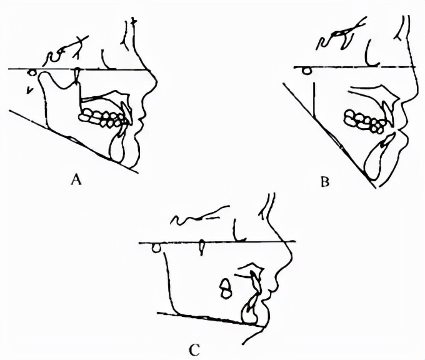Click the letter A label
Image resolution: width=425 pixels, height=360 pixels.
76,180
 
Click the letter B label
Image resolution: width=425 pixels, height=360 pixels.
325,182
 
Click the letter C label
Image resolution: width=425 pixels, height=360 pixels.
194,350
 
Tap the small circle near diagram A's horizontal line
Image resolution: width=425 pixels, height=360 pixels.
32,72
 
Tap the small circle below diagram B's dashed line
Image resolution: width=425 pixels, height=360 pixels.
307,71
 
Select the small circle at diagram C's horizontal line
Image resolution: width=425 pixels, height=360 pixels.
156,248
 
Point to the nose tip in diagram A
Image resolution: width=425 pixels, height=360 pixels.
157,81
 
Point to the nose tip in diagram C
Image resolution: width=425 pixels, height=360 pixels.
293,256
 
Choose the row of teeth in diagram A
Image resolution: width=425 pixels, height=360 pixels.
102,117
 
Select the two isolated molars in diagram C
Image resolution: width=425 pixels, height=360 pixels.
226,288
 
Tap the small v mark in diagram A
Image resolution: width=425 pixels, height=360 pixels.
29,91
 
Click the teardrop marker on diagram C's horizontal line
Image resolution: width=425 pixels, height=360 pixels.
201,247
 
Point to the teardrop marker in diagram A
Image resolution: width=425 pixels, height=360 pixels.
77,75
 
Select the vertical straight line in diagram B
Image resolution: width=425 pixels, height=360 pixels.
314,100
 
